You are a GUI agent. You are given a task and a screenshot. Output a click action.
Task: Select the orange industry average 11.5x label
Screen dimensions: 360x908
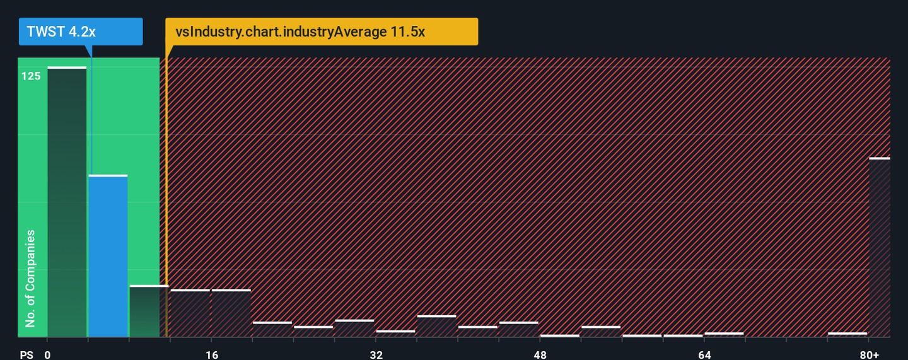(322, 32)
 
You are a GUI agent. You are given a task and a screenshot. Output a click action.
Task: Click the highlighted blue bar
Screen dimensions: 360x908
(108, 255)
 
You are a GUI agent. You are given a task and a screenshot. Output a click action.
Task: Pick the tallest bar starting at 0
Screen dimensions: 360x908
(67, 202)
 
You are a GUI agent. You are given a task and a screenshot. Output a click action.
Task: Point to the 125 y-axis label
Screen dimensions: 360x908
(31, 76)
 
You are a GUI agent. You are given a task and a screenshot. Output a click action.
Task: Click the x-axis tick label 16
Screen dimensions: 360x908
(212, 355)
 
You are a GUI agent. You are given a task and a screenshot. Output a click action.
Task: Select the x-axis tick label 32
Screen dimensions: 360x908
(376, 355)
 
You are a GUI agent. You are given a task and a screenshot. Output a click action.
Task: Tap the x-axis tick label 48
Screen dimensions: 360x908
(540, 355)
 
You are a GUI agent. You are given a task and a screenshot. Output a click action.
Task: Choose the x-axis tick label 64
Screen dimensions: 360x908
(704, 355)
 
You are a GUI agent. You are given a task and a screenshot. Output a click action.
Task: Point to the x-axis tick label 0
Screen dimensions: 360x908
(47, 355)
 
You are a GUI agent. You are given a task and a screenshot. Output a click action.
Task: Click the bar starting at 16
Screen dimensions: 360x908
(231, 313)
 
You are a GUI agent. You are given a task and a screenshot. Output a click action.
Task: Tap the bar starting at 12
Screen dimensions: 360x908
(190, 313)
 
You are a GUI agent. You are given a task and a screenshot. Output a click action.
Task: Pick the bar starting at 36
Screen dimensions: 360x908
(436, 326)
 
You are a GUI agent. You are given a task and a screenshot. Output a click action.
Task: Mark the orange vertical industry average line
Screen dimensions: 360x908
(166, 189)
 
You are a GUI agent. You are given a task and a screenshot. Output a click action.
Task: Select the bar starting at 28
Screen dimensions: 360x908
(354, 328)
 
